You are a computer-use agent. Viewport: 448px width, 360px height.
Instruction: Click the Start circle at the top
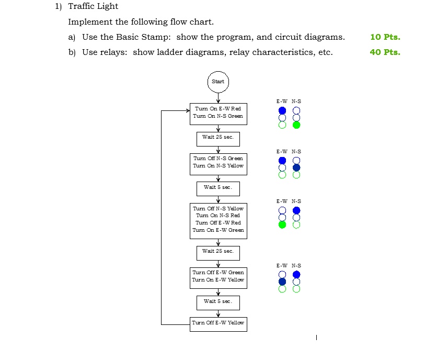click(218, 82)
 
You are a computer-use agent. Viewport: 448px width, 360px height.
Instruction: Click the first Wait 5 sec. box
click(218, 187)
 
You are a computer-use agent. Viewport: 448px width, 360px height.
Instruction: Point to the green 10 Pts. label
click(385, 37)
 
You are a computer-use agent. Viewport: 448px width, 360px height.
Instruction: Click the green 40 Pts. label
click(385, 52)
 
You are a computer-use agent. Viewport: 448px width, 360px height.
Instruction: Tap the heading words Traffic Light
click(93, 6)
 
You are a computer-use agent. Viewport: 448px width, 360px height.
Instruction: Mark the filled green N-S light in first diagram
click(296, 125)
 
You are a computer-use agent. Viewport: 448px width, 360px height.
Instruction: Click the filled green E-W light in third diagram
click(282, 225)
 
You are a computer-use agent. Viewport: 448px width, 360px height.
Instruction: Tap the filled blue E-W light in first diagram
click(282, 110)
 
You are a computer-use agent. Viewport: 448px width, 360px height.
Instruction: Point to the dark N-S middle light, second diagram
click(296, 167)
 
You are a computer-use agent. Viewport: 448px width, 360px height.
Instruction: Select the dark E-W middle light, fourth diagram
click(282, 282)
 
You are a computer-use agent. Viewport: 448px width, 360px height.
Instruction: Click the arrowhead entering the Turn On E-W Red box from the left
click(188, 111)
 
